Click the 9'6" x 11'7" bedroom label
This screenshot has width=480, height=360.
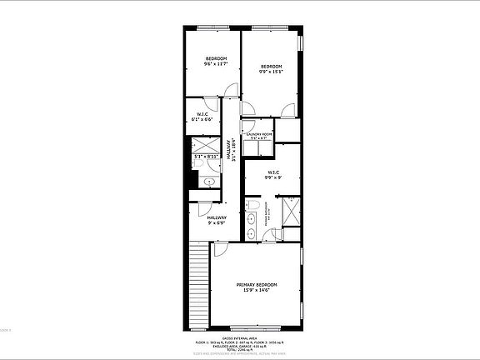216,60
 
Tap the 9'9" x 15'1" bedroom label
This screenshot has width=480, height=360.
271,68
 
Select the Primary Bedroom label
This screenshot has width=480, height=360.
257,287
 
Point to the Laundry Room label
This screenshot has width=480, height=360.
259,136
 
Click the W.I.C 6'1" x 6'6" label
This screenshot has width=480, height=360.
202,117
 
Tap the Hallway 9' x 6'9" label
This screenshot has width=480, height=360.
205,220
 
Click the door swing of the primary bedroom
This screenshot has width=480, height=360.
220,249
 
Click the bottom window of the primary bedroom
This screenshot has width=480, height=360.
253,327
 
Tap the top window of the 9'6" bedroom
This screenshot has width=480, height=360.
211,30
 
